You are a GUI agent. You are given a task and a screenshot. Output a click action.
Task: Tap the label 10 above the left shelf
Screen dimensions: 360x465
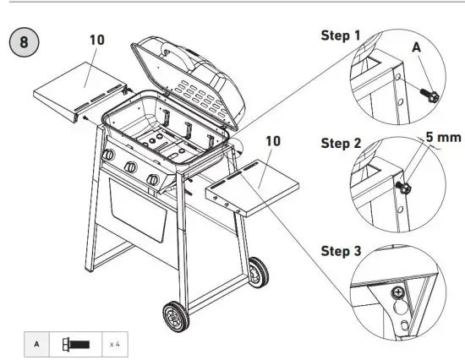pos(96,40)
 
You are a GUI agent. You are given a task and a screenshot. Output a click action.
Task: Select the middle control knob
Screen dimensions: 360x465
pos(130,168)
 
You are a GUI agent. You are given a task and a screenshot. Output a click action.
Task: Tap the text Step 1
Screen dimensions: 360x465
pos(340,36)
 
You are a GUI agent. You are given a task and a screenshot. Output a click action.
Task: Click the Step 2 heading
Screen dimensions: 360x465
pos(340,143)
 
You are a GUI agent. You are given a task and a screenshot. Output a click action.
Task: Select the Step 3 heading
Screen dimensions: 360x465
pos(340,251)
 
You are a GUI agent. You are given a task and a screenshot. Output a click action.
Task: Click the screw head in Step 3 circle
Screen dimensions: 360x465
pos(397,292)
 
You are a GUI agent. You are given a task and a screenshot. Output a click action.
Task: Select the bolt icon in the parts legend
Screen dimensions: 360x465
pos(74,343)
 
